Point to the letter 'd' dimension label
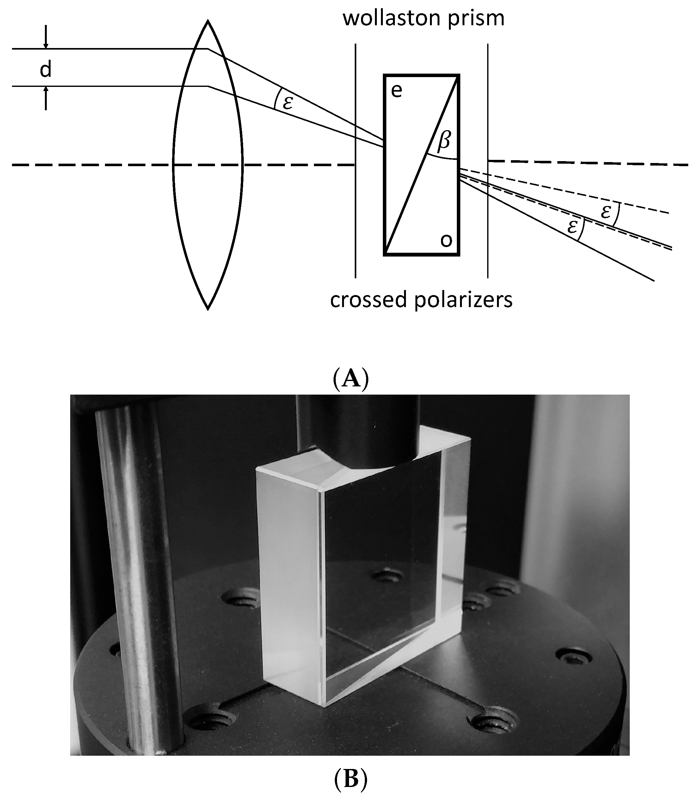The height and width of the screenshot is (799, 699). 46,70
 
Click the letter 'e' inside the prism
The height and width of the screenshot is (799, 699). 396,91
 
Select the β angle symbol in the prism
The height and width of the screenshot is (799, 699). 444,140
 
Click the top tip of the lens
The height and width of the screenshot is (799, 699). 208,22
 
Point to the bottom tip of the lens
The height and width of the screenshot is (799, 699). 208,308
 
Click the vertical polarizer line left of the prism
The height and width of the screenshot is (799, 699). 355,215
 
